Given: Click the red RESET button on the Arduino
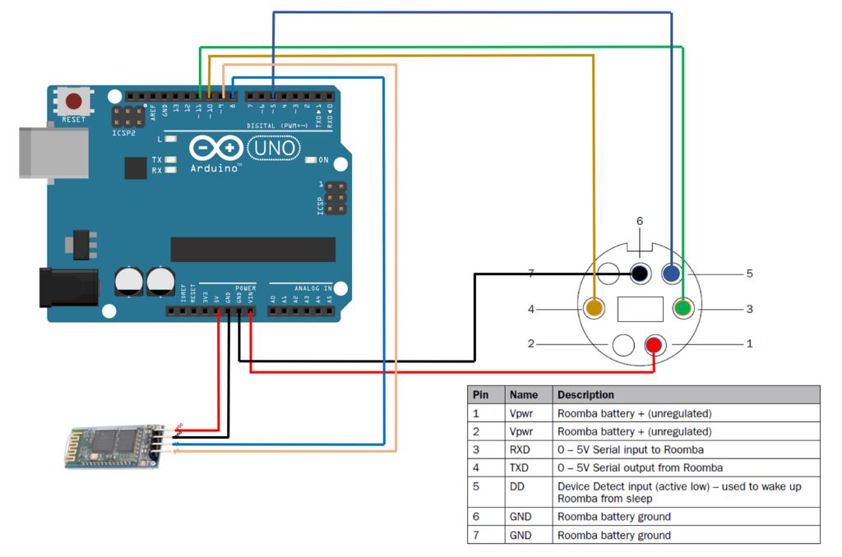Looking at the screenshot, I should pyautogui.click(x=74, y=102).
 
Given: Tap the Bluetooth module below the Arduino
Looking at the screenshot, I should pyautogui.click(x=111, y=447).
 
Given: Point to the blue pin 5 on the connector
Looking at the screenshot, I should pyautogui.click(x=671, y=274).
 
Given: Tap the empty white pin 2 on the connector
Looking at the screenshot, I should pyautogui.click(x=624, y=345).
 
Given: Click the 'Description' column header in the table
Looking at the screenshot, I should pyautogui.click(x=585, y=395).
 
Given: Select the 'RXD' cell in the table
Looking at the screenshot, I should pyautogui.click(x=519, y=449).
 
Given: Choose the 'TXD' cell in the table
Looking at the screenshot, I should pyautogui.click(x=519, y=467).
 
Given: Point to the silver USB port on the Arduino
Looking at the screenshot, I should pyautogui.click(x=54, y=152).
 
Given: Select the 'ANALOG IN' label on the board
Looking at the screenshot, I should pyautogui.click(x=301, y=288).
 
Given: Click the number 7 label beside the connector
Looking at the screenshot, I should pyautogui.click(x=531, y=274).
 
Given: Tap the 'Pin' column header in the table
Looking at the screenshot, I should pyautogui.click(x=480, y=395).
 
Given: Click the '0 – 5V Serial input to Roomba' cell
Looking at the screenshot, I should pyautogui.click(x=630, y=449).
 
